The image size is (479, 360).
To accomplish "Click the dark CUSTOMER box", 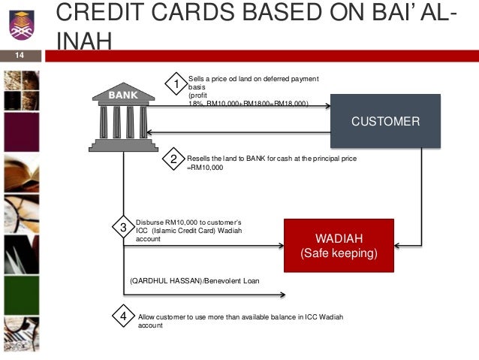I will pyautogui.click(x=385, y=121).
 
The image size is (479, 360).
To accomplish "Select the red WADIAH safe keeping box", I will pyautogui.click(x=339, y=246).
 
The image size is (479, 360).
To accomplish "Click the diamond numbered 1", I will pyautogui.click(x=176, y=84).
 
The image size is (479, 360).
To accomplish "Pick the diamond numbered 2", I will pyautogui.click(x=173, y=159).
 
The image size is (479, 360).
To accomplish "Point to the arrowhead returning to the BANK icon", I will pyautogui.click(x=150, y=133).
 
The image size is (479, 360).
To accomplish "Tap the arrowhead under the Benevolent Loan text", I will pyautogui.click(x=282, y=294).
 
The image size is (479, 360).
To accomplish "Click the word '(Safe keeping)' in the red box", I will pyautogui.click(x=339, y=253).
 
